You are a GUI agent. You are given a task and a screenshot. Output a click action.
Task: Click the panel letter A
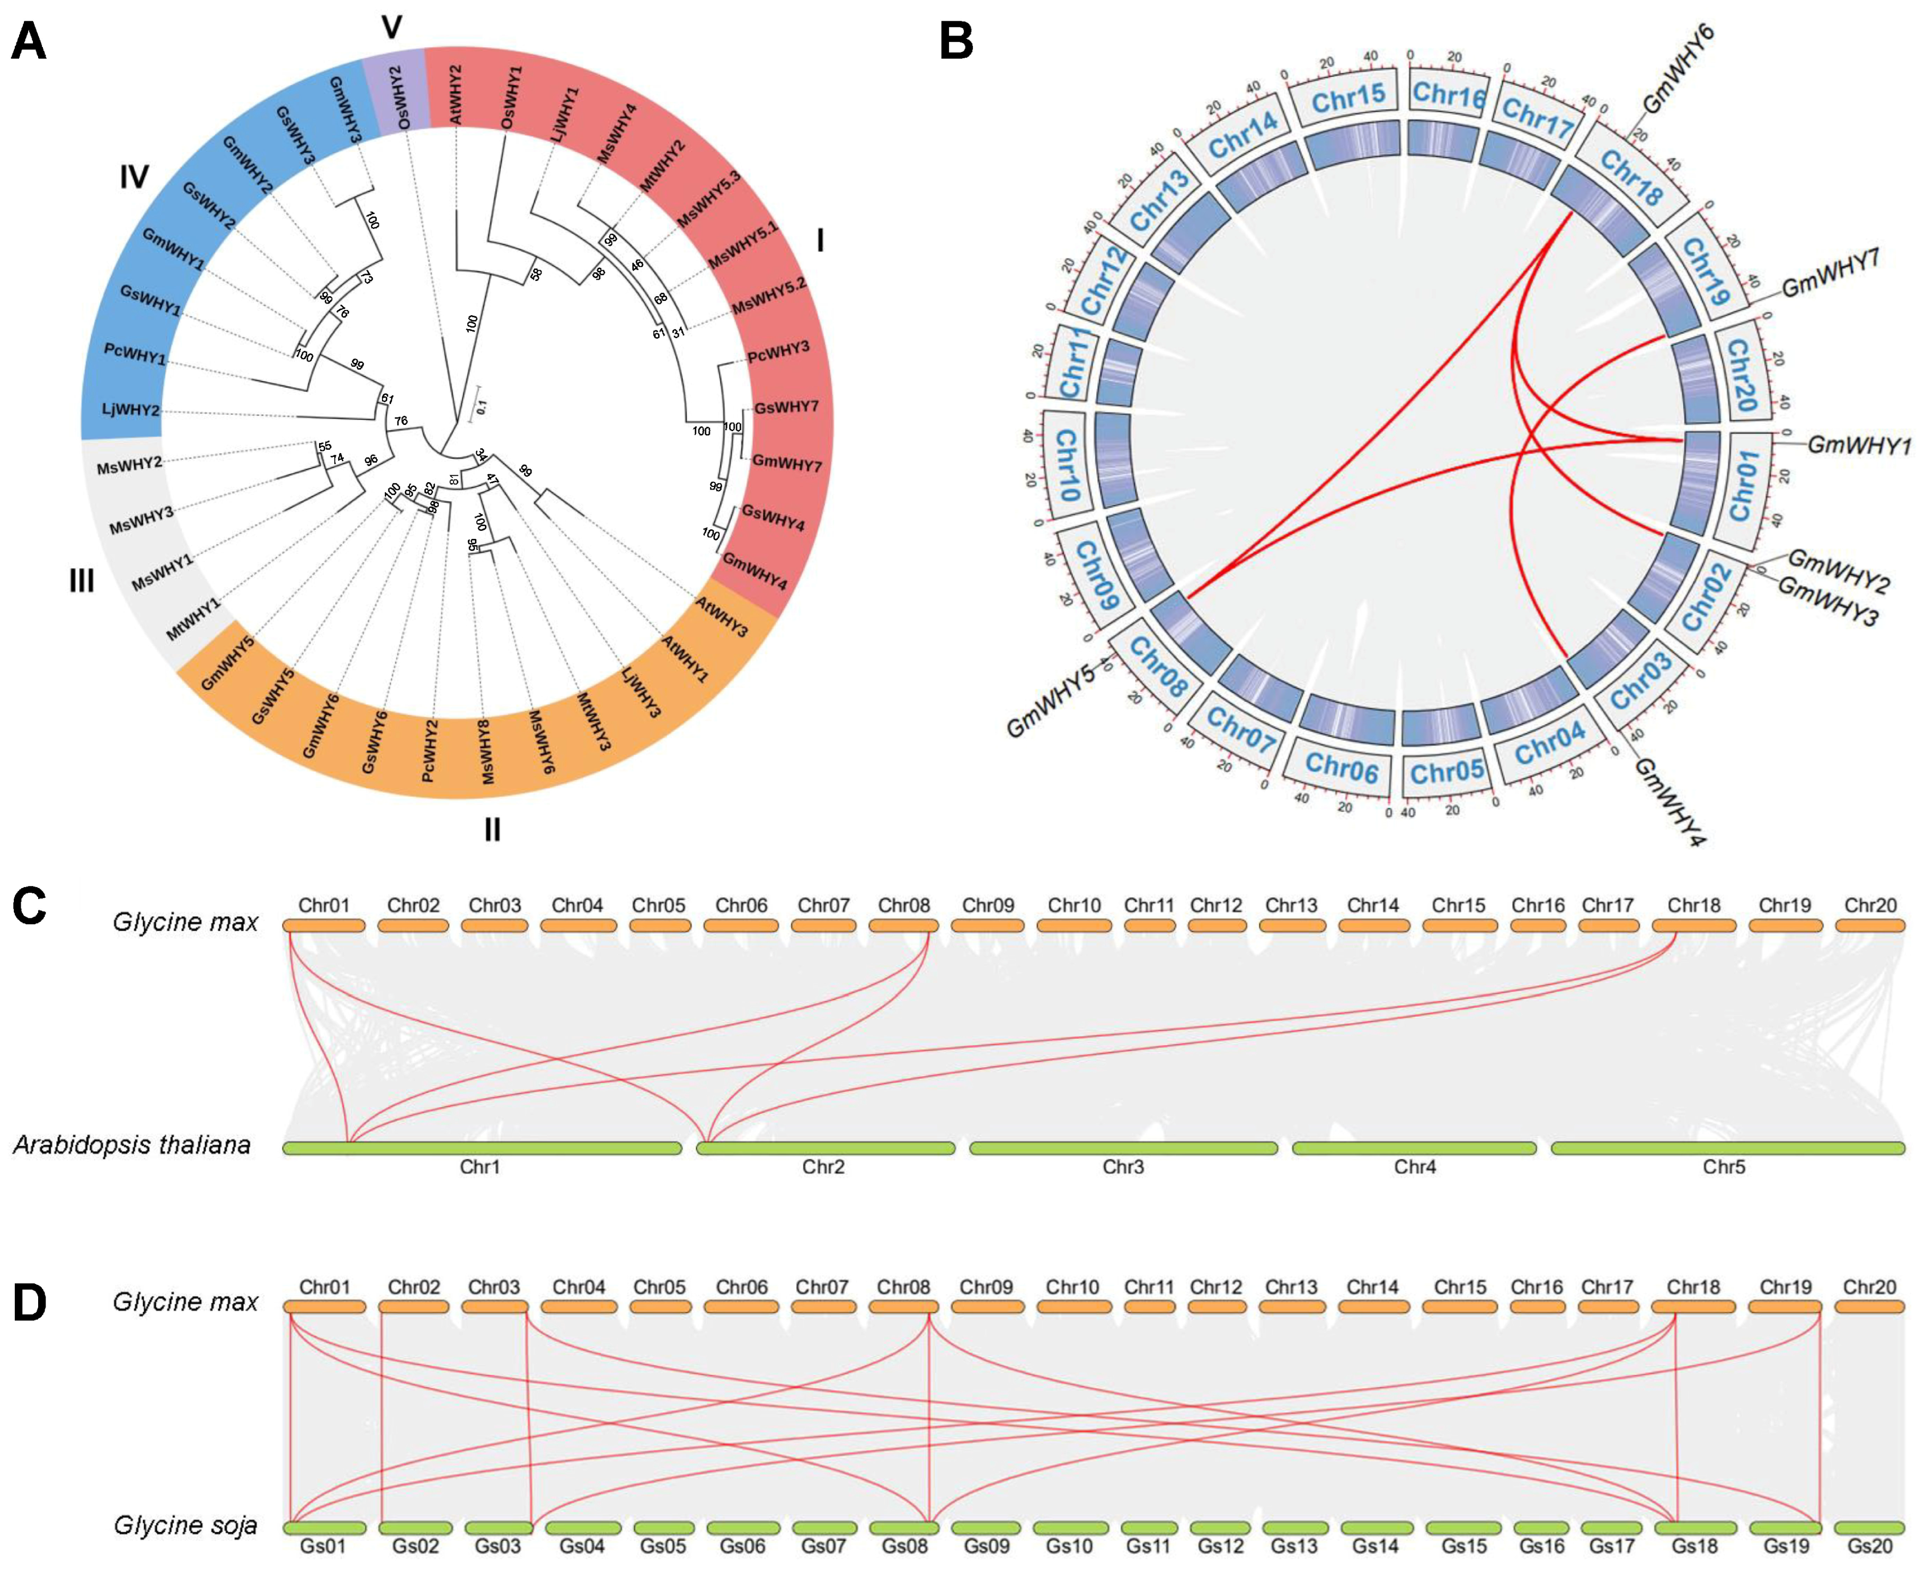point(29,42)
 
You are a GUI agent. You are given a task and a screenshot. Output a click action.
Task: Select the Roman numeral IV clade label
point(134,178)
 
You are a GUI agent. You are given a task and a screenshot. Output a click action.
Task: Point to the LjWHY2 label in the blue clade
point(130,410)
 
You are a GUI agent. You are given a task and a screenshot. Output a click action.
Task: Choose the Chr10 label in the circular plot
point(1067,465)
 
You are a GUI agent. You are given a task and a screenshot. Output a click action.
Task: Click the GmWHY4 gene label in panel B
point(1669,801)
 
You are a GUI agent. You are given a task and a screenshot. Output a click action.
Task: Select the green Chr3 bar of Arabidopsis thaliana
point(1123,1148)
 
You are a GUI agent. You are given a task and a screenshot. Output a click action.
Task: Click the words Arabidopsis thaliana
point(131,1145)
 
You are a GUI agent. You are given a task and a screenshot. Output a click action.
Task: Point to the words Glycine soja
point(185,1525)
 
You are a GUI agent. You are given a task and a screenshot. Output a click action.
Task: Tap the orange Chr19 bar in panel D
point(1785,1307)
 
